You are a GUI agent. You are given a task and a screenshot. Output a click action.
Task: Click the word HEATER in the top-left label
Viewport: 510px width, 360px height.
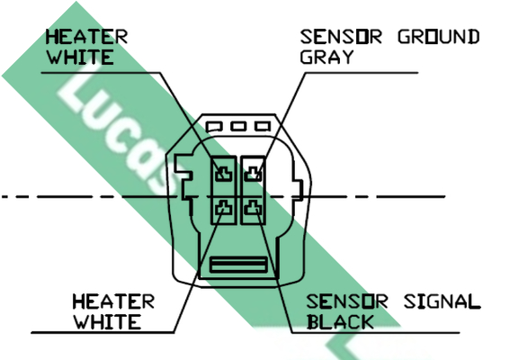[86, 37]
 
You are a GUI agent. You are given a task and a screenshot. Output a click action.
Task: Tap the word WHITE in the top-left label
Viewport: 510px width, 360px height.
[80, 58]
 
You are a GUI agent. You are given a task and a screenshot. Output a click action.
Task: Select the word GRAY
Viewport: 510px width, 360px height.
[327, 58]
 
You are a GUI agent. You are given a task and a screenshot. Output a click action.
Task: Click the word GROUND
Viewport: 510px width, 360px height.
[439, 37]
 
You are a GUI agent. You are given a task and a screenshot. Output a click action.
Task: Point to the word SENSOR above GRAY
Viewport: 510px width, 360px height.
[341, 37]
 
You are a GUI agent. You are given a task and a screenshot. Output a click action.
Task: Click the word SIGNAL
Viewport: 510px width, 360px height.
[443, 301]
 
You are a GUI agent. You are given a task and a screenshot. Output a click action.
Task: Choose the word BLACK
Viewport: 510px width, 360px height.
[340, 322]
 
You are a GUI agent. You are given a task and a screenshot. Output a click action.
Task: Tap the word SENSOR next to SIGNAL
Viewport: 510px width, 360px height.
[347, 301]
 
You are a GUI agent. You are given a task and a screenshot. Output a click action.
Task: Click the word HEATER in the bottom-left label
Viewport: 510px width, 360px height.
[113, 301]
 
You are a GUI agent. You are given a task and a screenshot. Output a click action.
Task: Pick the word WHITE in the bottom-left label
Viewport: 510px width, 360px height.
[108, 322]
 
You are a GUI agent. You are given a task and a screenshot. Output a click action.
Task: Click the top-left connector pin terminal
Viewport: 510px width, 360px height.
[224, 174]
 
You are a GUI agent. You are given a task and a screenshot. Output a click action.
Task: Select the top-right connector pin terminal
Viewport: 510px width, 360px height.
[253, 174]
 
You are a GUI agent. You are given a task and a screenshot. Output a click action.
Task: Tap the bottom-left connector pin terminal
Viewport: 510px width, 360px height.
[224, 208]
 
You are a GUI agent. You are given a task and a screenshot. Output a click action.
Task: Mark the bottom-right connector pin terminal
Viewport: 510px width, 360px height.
[253, 208]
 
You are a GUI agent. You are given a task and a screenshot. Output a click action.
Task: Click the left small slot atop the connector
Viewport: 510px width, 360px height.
[214, 126]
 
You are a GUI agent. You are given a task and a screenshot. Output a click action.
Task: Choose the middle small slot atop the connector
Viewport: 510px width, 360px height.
[238, 126]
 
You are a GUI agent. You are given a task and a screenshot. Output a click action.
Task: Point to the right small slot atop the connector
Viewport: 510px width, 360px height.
[263, 126]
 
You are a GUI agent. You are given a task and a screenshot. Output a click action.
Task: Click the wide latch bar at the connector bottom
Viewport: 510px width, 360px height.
[238, 265]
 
